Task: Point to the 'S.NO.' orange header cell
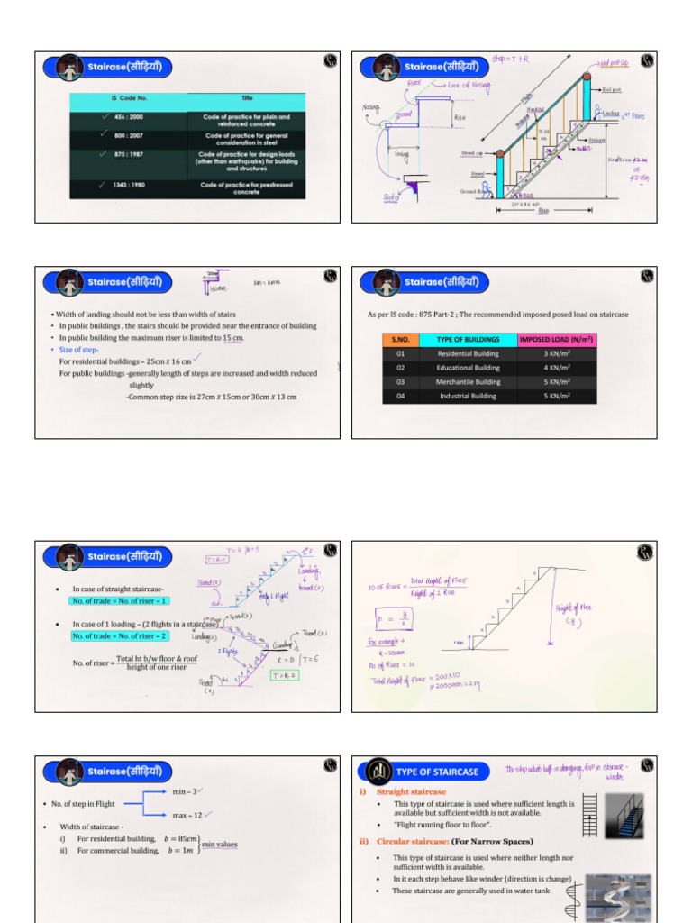(x=401, y=340)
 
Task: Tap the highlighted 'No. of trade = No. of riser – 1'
(x=120, y=601)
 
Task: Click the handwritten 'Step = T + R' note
(x=510, y=59)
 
